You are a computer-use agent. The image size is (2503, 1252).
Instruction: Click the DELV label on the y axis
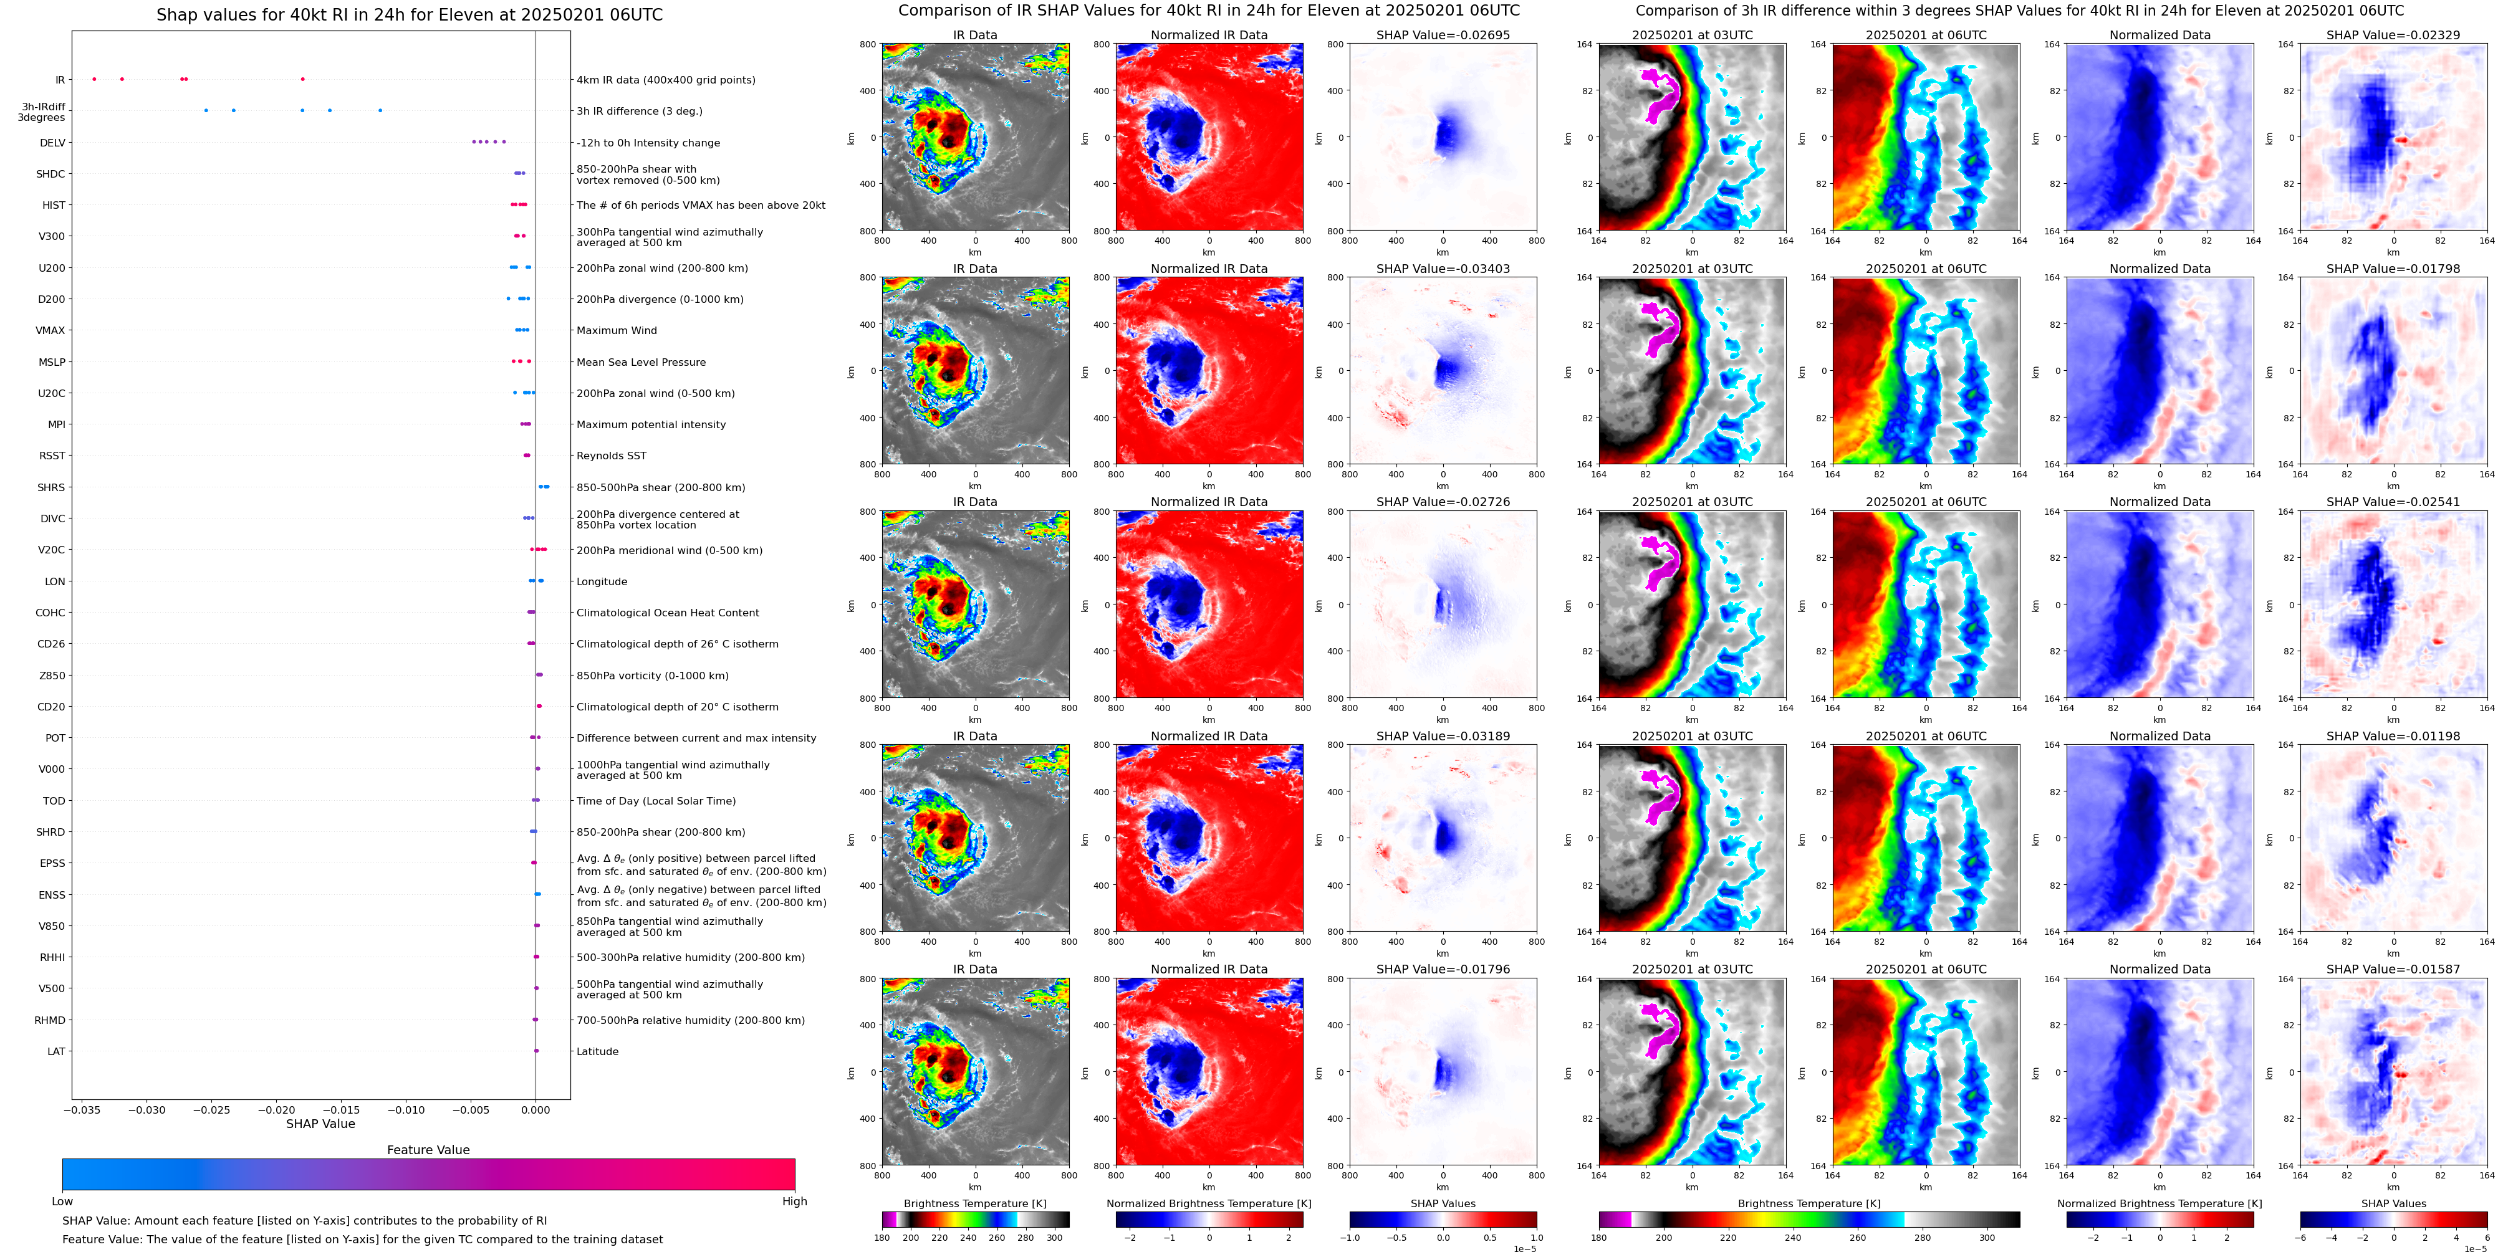tap(52, 143)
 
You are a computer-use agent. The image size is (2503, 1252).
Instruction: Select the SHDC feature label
tap(50, 174)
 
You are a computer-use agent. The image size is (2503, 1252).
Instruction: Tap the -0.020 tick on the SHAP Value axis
tap(276, 1109)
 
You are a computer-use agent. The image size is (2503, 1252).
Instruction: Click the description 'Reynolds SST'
tap(611, 456)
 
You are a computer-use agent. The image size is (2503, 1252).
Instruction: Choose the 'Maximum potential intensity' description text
tap(651, 424)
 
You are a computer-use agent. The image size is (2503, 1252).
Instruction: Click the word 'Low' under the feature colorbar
tap(62, 1202)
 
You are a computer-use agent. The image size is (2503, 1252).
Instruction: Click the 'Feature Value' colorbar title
tap(428, 1150)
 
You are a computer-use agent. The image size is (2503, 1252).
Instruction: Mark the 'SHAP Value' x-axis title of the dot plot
tap(320, 1124)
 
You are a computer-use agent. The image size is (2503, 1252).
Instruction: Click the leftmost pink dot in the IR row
tap(94, 79)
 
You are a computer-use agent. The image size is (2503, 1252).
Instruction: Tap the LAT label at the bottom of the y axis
tap(56, 1051)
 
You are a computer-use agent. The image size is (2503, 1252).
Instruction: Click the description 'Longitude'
tap(602, 582)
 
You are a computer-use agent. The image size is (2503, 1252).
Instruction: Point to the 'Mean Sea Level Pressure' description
tap(641, 362)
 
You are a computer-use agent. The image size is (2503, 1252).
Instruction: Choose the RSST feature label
tap(52, 456)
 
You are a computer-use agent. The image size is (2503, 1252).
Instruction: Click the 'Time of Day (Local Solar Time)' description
tap(656, 801)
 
